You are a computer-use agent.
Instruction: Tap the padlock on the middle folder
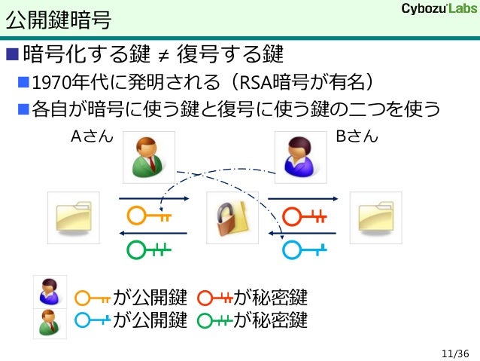(227, 220)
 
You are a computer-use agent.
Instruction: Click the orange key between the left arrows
(149, 217)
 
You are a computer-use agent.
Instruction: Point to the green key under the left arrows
(149, 248)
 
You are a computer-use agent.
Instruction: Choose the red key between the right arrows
(305, 217)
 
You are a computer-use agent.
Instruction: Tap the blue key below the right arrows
(305, 248)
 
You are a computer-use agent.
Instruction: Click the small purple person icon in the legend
(48, 291)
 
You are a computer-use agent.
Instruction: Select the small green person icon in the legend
(48, 321)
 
